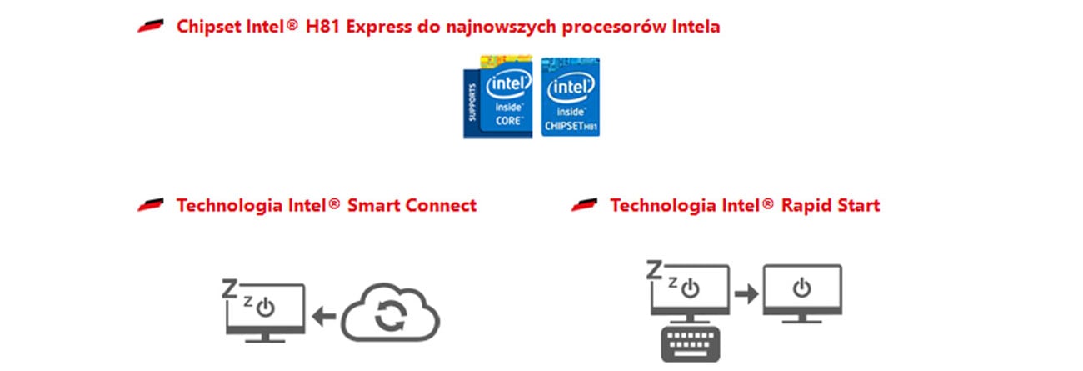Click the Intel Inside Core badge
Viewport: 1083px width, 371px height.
(498, 97)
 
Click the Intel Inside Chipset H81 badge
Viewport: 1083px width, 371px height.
(571, 97)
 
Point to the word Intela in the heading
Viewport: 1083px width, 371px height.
(691, 27)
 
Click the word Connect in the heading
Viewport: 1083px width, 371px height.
(441, 205)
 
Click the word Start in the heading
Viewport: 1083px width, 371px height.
(857, 205)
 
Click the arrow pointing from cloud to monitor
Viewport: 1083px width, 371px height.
(324, 315)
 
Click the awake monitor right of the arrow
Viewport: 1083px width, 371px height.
(802, 293)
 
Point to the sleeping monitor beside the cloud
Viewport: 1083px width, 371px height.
(263, 311)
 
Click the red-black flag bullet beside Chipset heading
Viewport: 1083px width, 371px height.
(151, 27)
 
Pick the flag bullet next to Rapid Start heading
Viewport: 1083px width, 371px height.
(585, 205)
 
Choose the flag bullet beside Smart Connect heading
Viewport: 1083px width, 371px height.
(151, 205)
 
